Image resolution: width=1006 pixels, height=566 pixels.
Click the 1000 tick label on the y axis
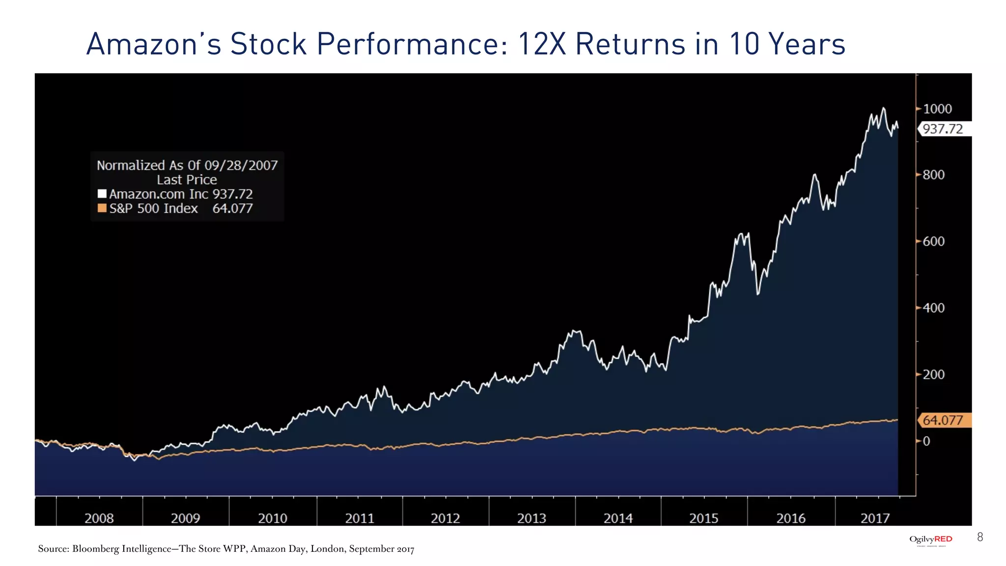(x=937, y=109)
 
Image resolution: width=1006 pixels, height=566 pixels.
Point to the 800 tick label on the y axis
(x=933, y=175)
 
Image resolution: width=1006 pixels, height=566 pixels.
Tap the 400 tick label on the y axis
(x=933, y=308)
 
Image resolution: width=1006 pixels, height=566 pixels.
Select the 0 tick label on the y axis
(x=926, y=441)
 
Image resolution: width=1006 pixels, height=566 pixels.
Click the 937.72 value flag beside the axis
(x=943, y=129)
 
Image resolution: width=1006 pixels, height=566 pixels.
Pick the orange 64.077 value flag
(x=943, y=421)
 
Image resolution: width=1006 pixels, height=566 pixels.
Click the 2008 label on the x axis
(x=99, y=518)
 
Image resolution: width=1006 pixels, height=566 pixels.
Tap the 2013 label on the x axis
(x=531, y=518)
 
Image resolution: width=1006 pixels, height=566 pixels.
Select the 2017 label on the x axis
(x=875, y=518)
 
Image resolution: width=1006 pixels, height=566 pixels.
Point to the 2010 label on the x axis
(x=273, y=518)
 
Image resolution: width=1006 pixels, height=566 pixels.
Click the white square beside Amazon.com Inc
(x=102, y=194)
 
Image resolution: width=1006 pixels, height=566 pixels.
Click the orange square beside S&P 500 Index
(x=102, y=208)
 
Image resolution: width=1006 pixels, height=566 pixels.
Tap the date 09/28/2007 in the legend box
(x=241, y=165)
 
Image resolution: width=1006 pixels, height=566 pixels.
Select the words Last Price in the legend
(x=187, y=180)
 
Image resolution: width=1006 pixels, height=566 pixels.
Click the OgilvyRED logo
(x=930, y=539)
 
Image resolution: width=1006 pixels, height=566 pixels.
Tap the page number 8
(x=980, y=537)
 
